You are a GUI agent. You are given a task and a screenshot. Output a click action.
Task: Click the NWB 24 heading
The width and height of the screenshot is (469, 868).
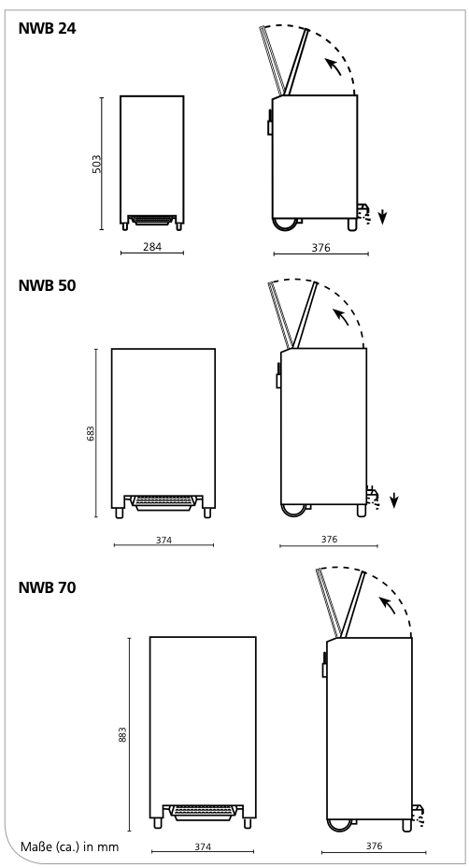[47, 28]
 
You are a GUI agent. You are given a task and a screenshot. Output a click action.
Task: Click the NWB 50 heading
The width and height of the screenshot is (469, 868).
[47, 285]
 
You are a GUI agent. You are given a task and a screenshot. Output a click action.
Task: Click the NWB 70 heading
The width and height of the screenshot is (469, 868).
[47, 587]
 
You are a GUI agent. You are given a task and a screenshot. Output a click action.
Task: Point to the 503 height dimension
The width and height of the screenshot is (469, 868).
[97, 164]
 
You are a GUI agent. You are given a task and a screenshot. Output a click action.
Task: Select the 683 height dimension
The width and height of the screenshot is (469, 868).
[91, 433]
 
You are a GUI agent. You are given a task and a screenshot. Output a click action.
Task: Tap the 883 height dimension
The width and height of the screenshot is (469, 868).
[122, 734]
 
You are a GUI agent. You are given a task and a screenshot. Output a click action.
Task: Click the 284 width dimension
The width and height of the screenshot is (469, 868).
[152, 247]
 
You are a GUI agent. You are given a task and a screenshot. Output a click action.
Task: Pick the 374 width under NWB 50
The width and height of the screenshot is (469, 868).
[163, 540]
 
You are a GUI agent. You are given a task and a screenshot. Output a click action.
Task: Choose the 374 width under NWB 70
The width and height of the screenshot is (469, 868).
[203, 846]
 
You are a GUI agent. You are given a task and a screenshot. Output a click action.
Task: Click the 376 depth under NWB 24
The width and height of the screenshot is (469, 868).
[320, 248]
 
